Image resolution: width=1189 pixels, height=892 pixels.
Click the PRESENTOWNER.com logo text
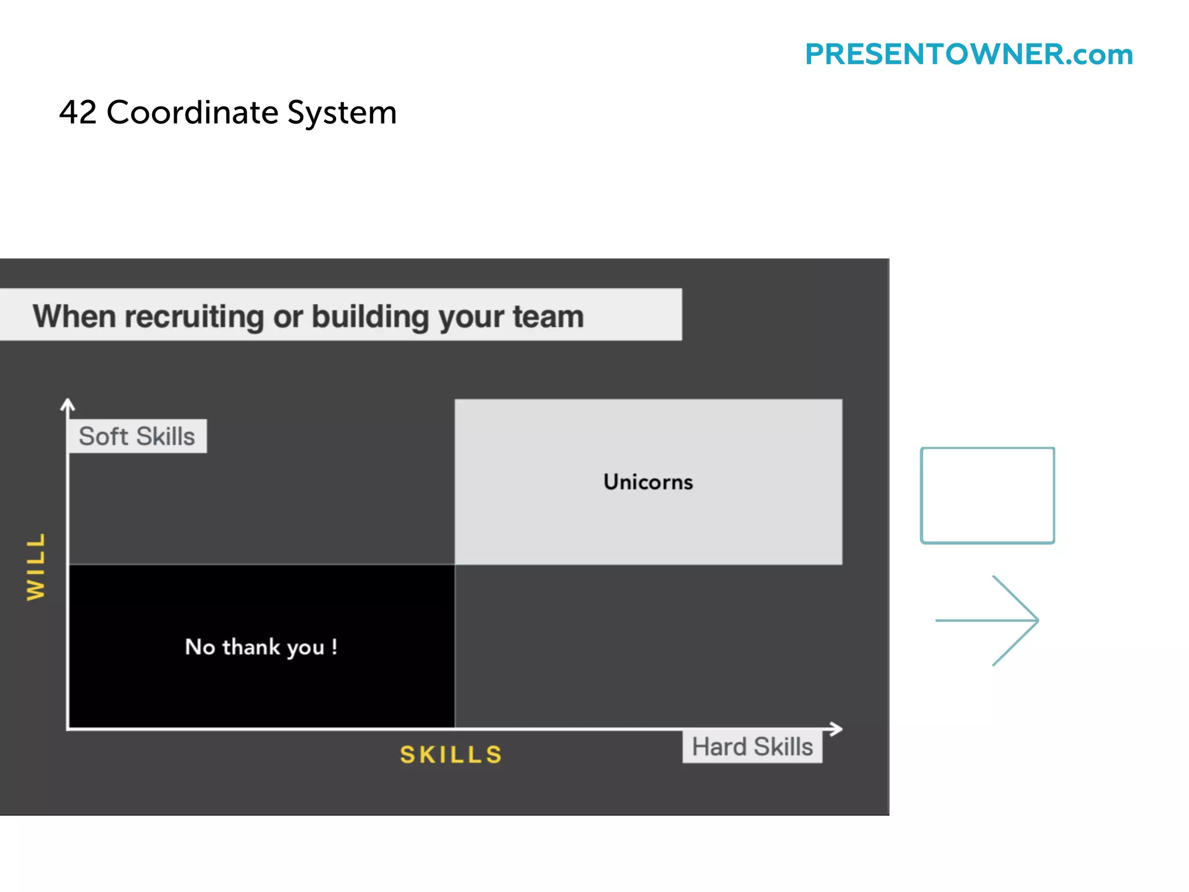968,55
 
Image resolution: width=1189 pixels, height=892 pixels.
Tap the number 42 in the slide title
78,112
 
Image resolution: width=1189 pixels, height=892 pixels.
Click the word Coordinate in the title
192,112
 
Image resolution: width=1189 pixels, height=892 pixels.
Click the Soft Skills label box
137,436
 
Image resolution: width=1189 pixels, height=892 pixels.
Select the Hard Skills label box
752,747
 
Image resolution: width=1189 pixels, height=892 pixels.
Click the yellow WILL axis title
36,566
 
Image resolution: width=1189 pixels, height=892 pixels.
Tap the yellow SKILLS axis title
451,755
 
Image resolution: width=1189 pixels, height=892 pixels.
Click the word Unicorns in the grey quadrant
648,482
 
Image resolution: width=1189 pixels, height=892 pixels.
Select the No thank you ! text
261,647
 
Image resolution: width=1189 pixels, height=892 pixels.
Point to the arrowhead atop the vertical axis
68,405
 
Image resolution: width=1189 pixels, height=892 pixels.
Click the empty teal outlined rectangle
987,495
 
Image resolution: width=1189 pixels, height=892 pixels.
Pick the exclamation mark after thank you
334,646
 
